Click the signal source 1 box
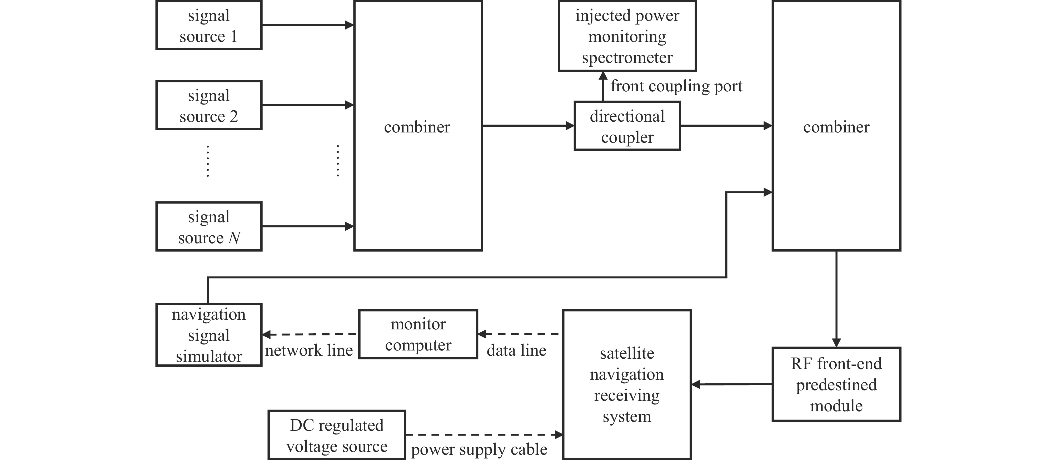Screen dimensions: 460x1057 click(x=208, y=26)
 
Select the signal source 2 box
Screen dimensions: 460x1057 click(x=208, y=106)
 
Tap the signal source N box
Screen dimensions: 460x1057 click(x=208, y=226)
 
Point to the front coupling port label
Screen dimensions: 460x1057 click(x=676, y=86)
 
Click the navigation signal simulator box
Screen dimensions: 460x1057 click(x=208, y=335)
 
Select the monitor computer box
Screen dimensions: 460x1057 click(x=418, y=334)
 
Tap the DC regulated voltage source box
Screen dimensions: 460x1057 click(x=336, y=435)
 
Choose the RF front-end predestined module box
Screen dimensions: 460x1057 click(x=836, y=384)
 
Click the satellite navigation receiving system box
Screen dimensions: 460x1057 click(x=627, y=384)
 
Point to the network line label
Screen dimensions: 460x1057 click(x=308, y=350)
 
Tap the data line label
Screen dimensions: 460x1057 click(x=516, y=350)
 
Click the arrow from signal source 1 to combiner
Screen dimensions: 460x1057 click(x=308, y=25)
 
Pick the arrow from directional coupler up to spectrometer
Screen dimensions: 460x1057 click(x=603, y=87)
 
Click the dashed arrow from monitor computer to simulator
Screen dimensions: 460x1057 click(x=310, y=334)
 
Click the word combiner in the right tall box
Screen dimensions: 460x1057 click(x=836, y=127)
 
